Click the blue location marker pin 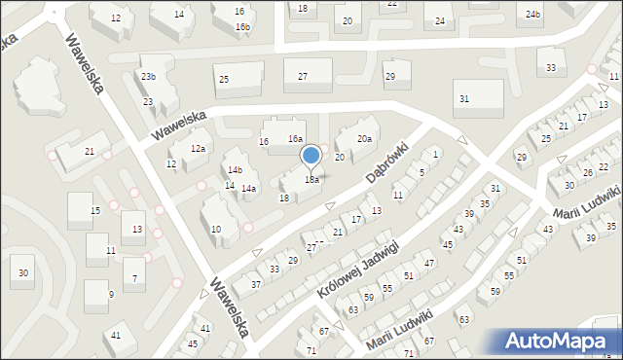311,156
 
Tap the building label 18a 311,180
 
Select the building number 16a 295,140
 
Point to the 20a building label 363,139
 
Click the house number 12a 198,148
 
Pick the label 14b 235,169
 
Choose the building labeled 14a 248,188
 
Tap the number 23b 148,76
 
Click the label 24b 532,14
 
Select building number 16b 242,26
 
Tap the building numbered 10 216,230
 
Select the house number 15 95,211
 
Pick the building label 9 111,294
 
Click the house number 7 135,278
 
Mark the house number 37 256,284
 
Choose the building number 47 428,264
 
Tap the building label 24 440,21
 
